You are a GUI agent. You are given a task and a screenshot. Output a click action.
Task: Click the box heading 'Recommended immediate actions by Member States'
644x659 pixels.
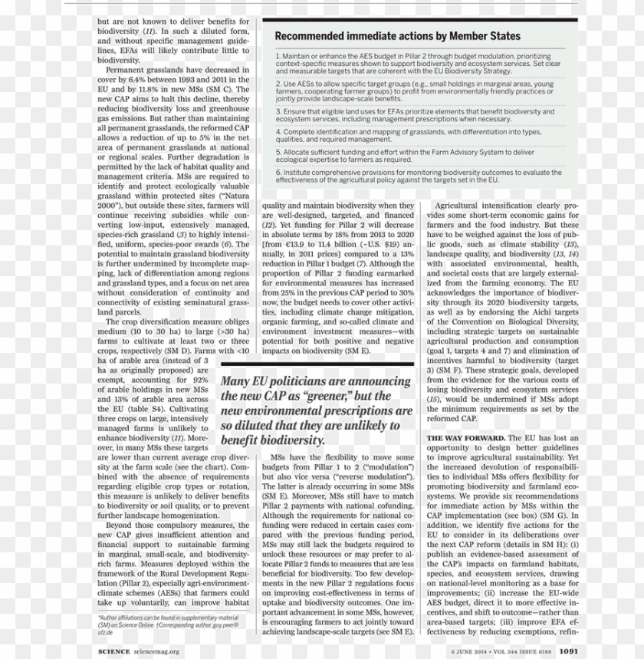click(397, 36)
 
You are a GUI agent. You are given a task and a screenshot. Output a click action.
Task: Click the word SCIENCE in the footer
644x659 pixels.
click(119, 651)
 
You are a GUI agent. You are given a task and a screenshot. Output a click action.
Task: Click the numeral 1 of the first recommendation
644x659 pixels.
click(278, 57)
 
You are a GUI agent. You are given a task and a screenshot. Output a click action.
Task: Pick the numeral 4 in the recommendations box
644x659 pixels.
click(278, 132)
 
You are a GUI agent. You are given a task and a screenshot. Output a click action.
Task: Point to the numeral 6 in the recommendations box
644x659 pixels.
click(278, 173)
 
